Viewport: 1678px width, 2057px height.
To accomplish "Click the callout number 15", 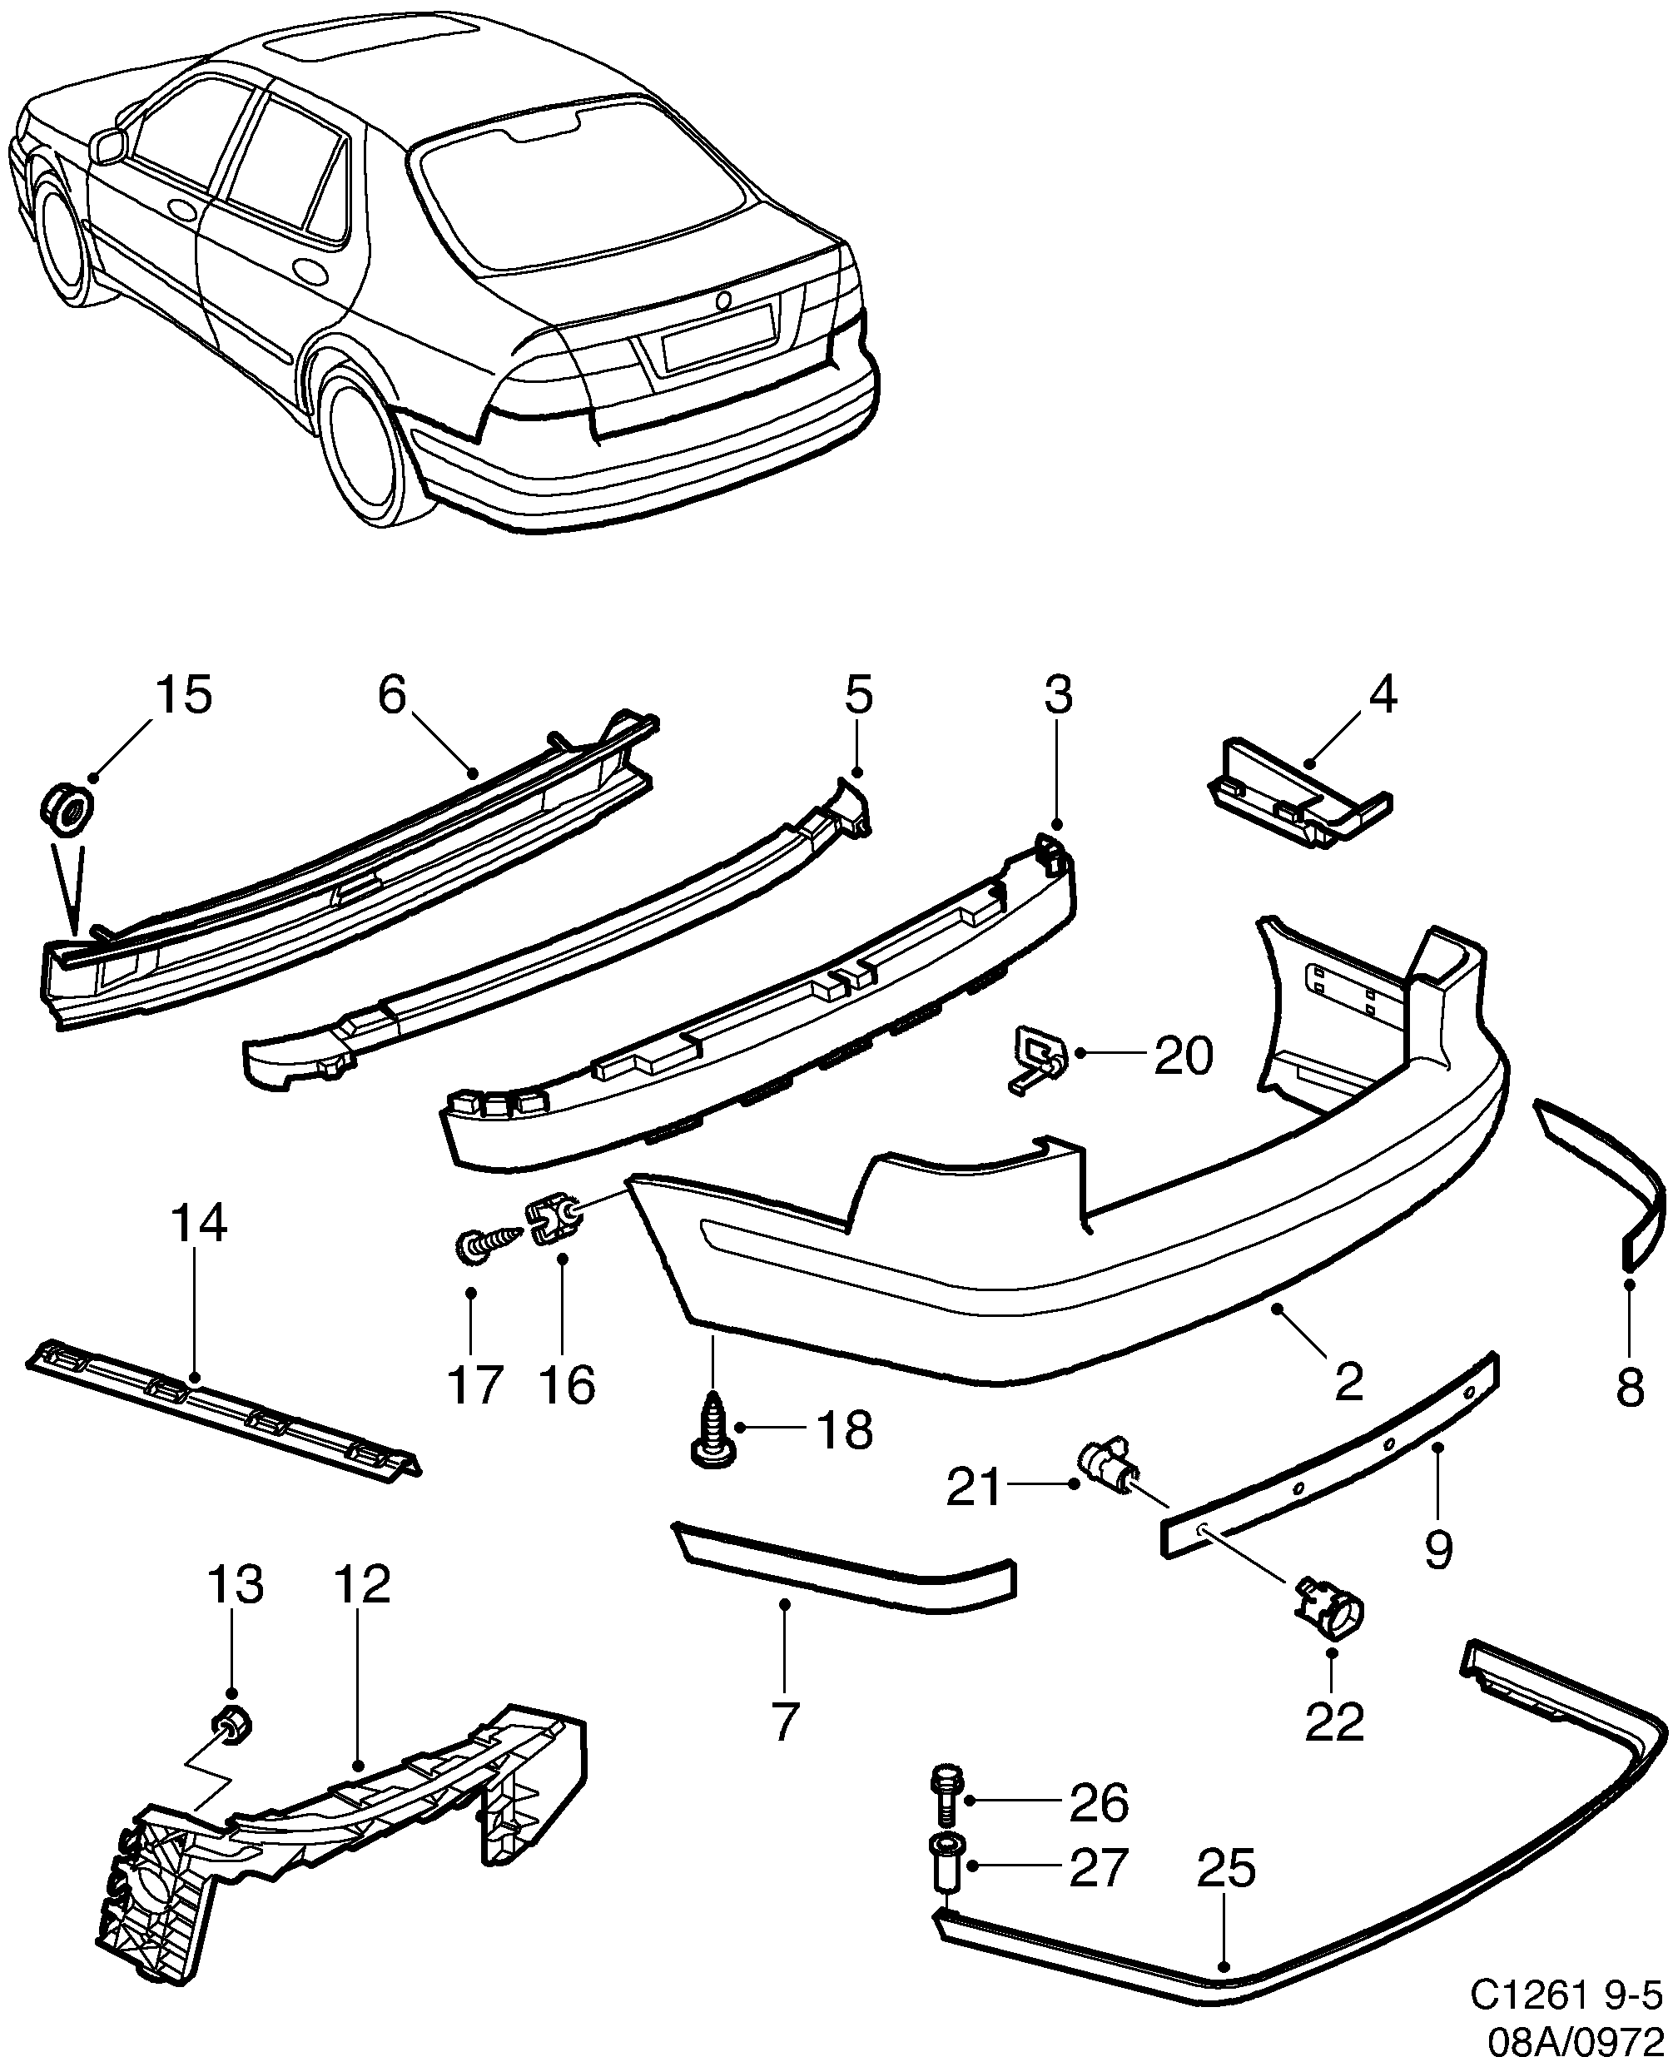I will tap(184, 695).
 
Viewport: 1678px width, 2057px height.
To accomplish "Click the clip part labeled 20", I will tap(1039, 1057).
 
